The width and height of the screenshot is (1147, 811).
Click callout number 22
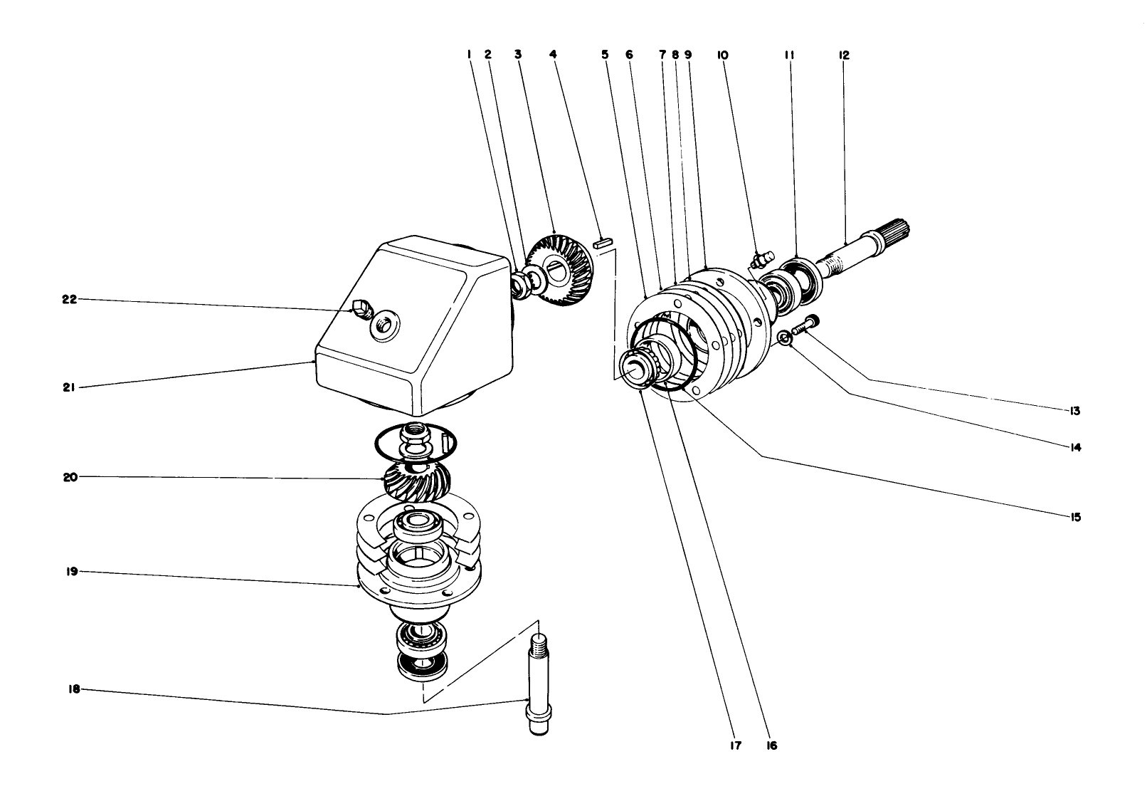coord(69,299)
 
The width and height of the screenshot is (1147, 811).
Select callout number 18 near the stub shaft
coord(74,689)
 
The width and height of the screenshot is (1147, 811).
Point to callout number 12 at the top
coord(844,54)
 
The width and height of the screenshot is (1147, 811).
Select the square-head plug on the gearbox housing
coord(361,308)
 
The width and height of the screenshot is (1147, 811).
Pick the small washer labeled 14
coord(783,338)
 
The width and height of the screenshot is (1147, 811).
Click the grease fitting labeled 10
coord(760,259)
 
